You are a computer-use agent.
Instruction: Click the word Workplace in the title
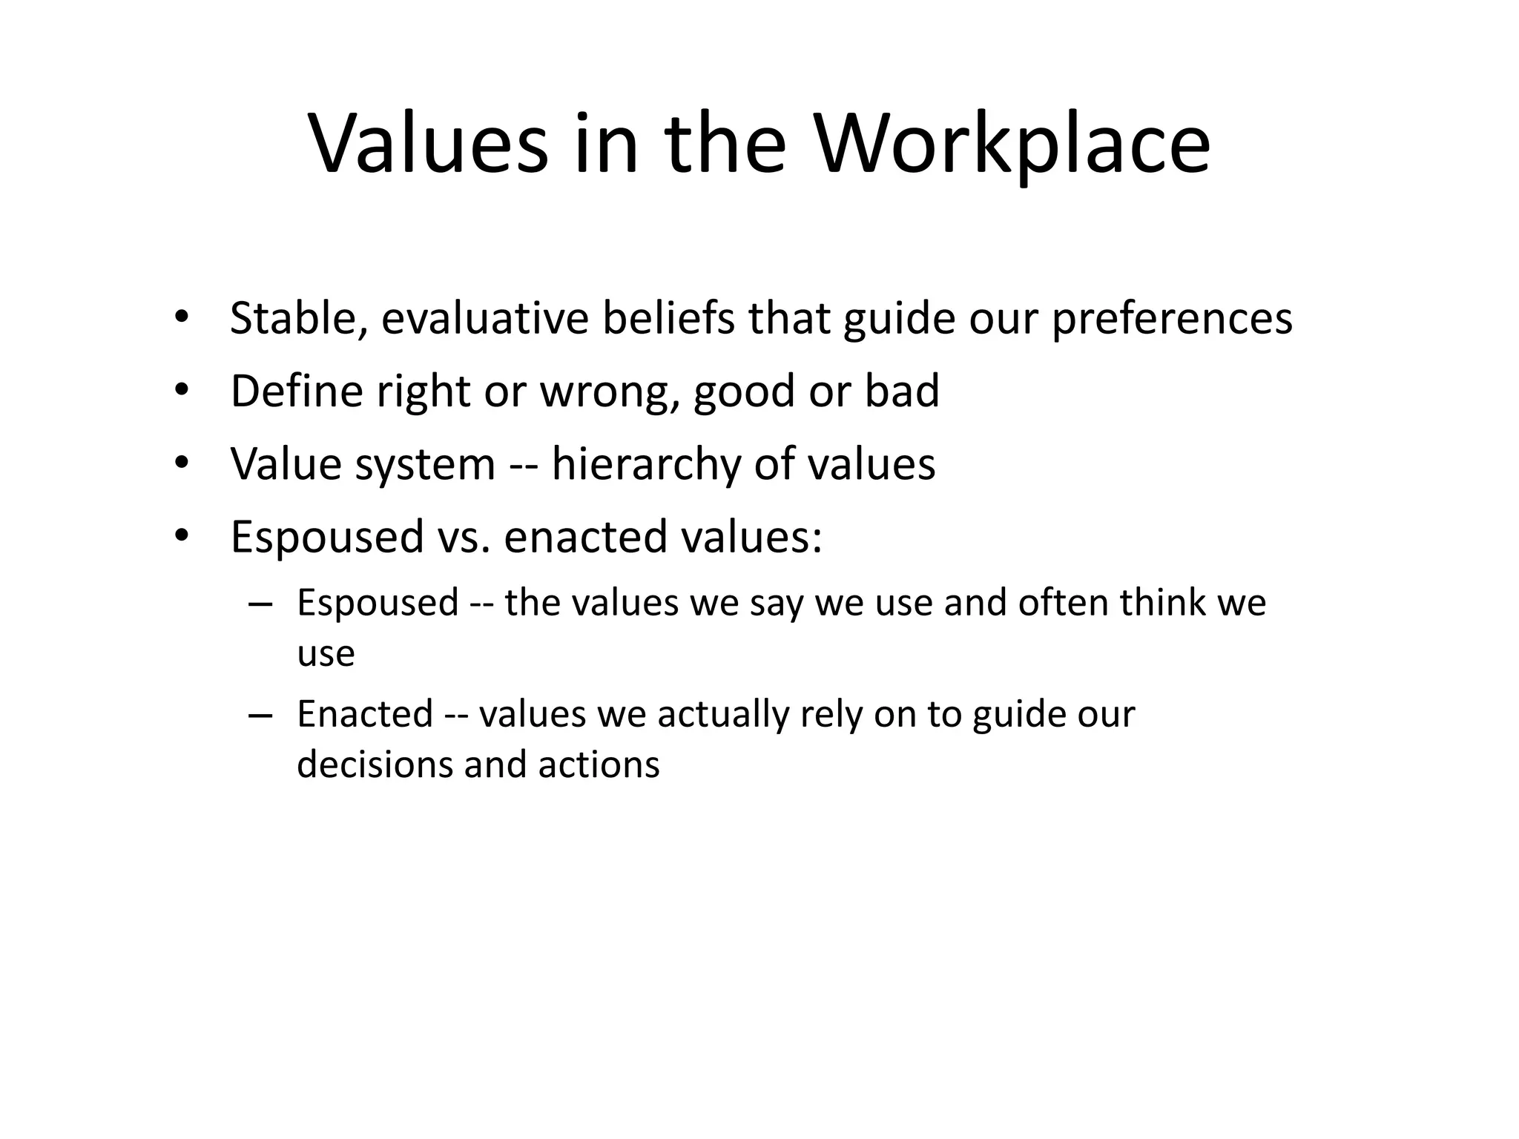1013,145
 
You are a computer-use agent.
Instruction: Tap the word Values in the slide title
429,145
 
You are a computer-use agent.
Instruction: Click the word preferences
1173,318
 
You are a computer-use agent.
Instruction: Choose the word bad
902,391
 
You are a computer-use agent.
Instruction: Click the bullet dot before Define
182,389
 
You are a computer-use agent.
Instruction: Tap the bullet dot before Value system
182,463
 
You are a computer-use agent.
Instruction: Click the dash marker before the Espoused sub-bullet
261,604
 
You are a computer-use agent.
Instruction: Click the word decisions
375,765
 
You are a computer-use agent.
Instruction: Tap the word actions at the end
599,765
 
